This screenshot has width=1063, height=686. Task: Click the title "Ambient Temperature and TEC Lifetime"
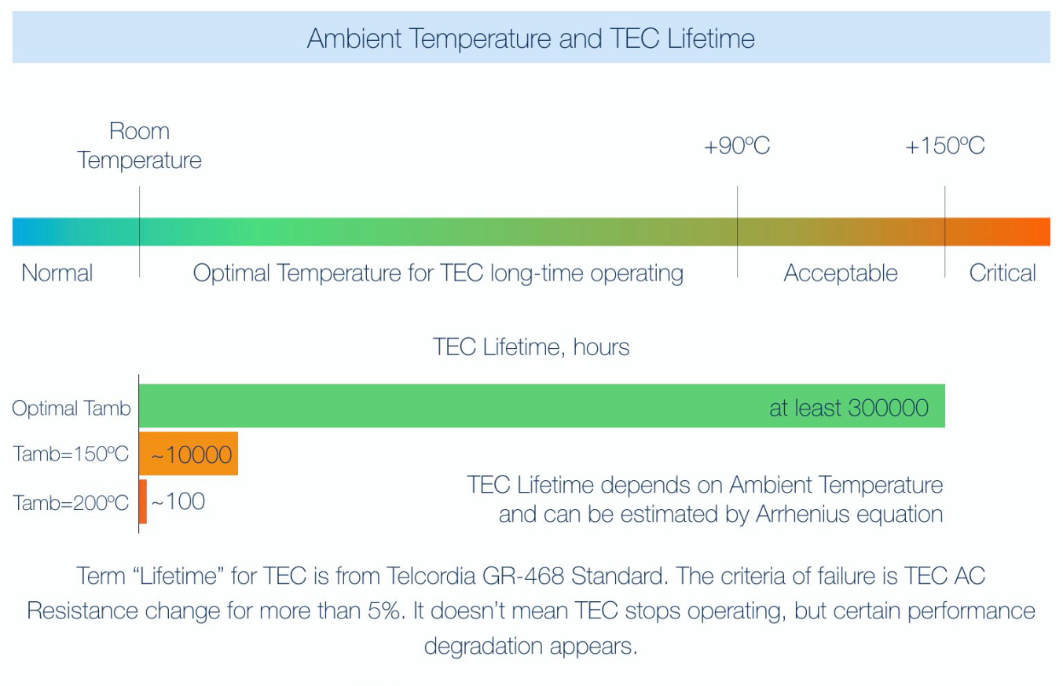coord(530,38)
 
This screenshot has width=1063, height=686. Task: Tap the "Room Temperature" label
coord(139,145)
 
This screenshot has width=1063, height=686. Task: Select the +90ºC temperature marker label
coord(736,145)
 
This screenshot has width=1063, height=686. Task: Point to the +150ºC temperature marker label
coord(945,145)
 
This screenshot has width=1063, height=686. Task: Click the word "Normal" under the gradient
coord(57,273)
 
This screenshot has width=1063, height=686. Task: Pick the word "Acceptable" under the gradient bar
coord(841,273)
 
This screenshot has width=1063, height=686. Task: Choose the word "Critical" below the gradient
coord(1003,273)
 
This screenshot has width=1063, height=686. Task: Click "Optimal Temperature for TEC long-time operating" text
coord(438,273)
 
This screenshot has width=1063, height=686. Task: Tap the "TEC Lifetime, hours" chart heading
coord(531,347)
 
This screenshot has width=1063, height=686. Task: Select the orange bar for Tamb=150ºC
coord(189,453)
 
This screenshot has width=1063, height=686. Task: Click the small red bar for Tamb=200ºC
coord(143,501)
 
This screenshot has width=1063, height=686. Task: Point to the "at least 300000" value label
coord(849,408)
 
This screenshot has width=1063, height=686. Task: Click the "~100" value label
coord(178,501)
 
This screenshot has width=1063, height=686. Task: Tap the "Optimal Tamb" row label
coord(71,409)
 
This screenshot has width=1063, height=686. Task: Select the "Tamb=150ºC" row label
coord(70,454)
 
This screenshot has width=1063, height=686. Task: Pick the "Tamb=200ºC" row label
coord(70,502)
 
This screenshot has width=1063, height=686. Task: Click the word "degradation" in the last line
coord(483,647)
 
